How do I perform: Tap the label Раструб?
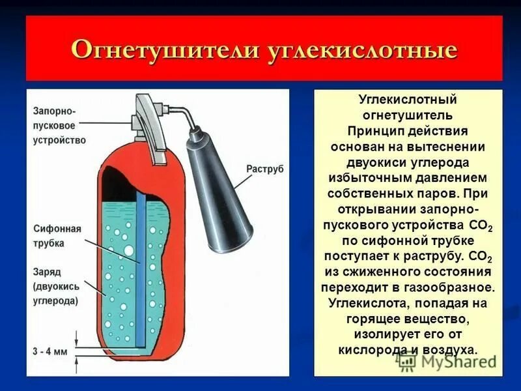pyautogui.click(x=265, y=169)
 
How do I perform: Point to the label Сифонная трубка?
pyautogui.click(x=57, y=236)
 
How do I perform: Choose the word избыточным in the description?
pyautogui.click(x=367, y=177)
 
